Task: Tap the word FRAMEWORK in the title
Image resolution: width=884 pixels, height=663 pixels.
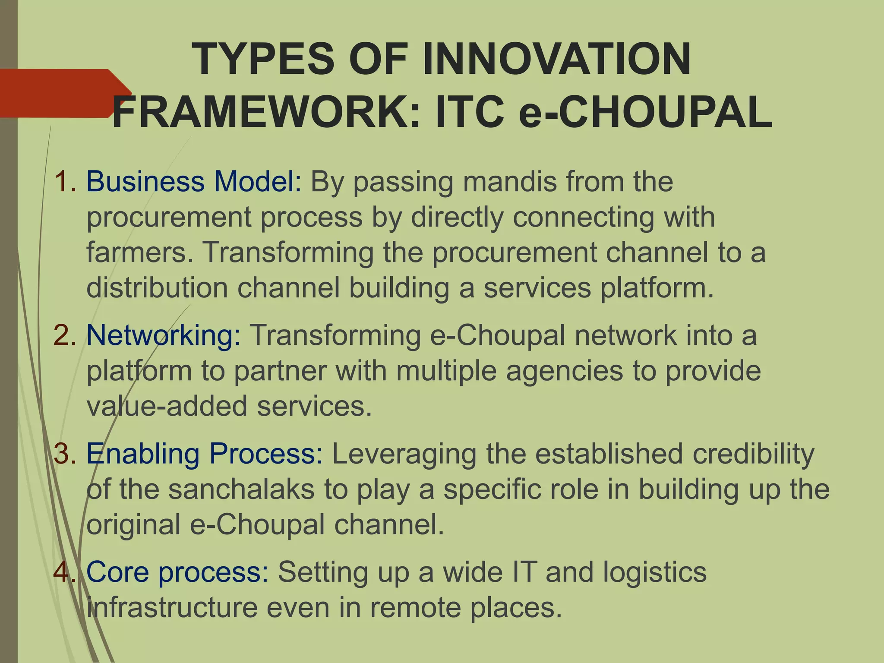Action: tap(266, 113)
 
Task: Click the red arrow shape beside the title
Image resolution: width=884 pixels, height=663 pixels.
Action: tap(60, 93)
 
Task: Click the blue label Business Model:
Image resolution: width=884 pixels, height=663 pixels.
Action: tap(194, 182)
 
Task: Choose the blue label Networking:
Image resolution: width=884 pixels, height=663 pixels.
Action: tap(164, 335)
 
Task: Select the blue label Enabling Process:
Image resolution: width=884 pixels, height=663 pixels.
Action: tap(204, 454)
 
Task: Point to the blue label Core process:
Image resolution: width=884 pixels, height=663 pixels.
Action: tap(177, 572)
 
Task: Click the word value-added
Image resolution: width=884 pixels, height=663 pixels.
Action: tap(167, 406)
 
